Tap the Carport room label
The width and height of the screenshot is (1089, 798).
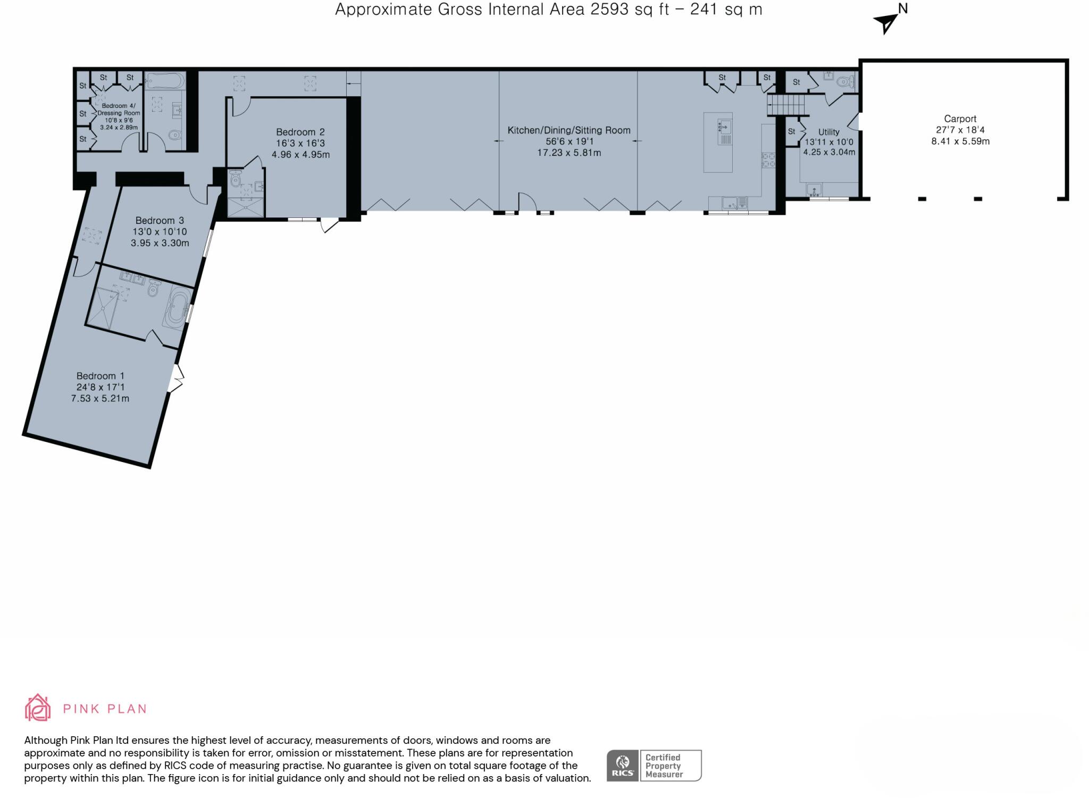[x=960, y=119]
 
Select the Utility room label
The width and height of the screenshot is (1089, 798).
[x=828, y=132]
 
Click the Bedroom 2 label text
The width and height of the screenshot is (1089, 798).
[x=300, y=132]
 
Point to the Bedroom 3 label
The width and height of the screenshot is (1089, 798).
[x=159, y=220]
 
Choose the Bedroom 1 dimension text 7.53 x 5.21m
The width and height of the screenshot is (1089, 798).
[x=100, y=398]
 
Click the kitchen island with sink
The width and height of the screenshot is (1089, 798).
[x=717, y=142]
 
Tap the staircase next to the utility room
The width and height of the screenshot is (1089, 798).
[x=785, y=105]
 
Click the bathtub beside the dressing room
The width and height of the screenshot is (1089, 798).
[x=164, y=82]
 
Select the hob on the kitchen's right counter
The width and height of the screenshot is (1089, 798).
[x=768, y=159]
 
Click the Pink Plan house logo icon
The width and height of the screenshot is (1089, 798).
[x=37, y=708]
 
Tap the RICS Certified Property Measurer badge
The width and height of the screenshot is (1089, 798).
[x=654, y=766]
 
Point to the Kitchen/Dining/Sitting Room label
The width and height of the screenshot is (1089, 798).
[x=568, y=130]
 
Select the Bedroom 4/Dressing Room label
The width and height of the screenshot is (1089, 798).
[x=119, y=110]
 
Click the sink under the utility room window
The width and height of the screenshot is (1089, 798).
[x=814, y=190]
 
